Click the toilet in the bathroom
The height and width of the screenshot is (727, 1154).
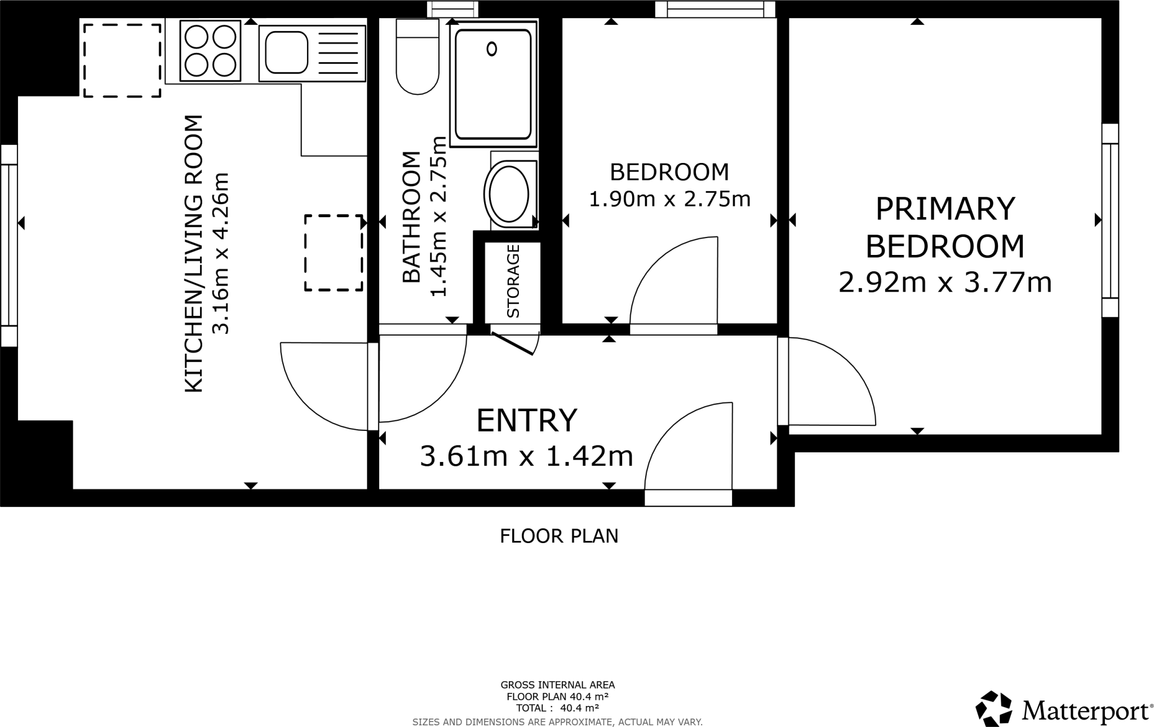[418, 56]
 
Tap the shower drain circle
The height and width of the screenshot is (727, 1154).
[492, 49]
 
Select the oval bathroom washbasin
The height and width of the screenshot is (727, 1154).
[509, 194]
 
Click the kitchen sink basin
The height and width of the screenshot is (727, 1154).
[287, 52]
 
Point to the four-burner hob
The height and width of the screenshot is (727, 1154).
[211, 51]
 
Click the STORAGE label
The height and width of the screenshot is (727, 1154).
[513, 281]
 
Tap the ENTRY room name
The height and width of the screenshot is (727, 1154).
[527, 420]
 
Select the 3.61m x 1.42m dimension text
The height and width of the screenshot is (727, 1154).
[527, 456]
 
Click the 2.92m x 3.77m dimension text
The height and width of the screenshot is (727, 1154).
[945, 282]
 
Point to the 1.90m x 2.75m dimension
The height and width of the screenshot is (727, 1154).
[669, 199]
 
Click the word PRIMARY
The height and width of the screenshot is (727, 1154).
[945, 209]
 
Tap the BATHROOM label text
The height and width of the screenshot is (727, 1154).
[411, 217]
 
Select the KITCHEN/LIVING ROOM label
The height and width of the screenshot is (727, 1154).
[193, 254]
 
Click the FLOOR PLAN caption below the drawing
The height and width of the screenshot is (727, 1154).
[559, 536]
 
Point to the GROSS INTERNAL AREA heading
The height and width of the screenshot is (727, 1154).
[558, 685]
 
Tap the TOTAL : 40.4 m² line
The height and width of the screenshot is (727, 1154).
[558, 708]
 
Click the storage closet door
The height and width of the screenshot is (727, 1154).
[513, 343]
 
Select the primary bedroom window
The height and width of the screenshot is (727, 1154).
[1110, 220]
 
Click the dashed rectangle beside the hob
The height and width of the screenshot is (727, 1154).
[122, 60]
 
